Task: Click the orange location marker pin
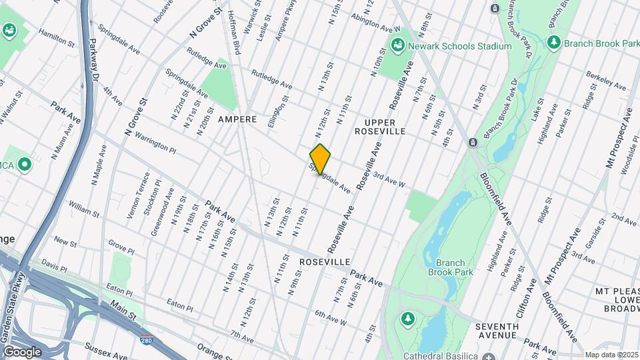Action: click(321, 159)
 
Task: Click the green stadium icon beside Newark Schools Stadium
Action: click(398, 46)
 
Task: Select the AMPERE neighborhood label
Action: click(237, 119)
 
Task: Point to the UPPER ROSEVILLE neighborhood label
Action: click(390, 127)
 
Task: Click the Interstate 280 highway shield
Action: click(146, 340)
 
